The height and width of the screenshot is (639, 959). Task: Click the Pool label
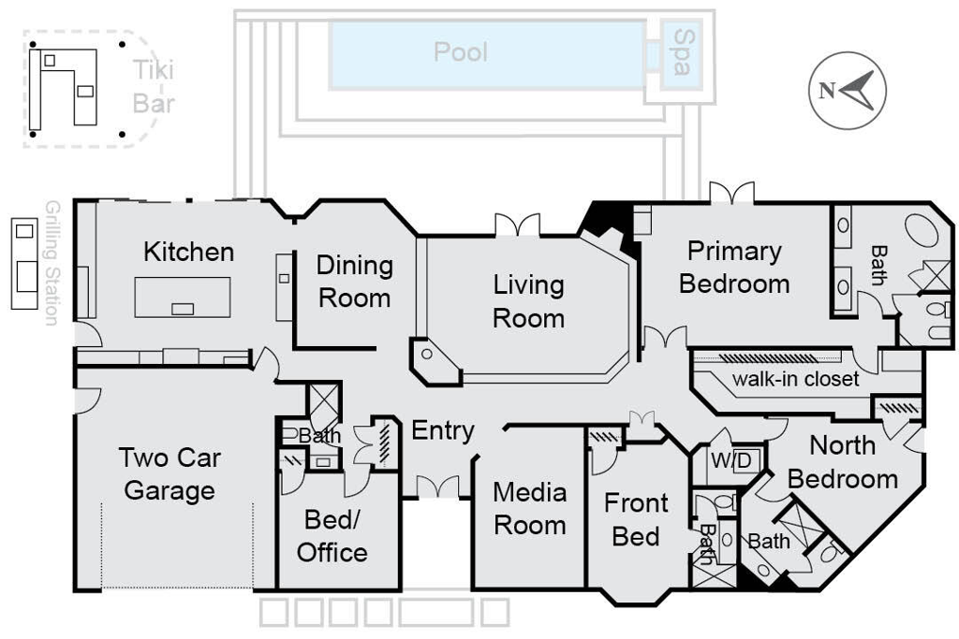click(461, 51)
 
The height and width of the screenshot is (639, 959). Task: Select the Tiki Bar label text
click(153, 86)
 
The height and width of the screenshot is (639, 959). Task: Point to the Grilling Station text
click(52, 263)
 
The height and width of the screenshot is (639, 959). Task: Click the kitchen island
click(183, 297)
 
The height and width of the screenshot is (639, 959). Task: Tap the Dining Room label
click(354, 282)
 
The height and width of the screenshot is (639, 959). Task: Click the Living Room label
click(528, 301)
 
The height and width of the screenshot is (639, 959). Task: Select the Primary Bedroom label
click(734, 268)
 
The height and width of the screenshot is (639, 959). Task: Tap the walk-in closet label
click(795, 379)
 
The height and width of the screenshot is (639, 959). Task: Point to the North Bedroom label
click(842, 462)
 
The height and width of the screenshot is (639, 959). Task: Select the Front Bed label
click(636, 520)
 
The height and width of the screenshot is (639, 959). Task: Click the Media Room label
click(529, 508)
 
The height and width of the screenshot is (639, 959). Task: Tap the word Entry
click(443, 431)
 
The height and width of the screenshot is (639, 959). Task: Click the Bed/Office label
click(332, 536)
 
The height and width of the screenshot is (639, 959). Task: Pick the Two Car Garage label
click(170, 474)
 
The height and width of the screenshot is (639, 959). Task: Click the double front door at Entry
click(437, 487)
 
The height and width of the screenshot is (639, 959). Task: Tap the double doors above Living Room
click(517, 225)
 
